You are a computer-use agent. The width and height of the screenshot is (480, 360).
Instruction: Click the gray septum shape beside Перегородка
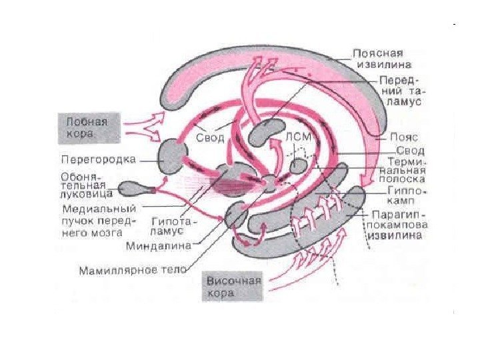(171, 155)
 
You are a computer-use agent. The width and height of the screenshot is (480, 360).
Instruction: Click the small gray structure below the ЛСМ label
(299, 163)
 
